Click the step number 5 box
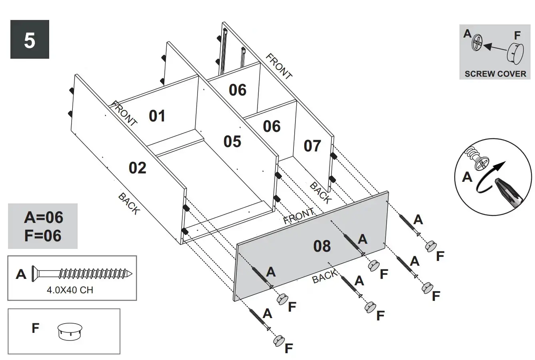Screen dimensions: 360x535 click(x=30, y=40)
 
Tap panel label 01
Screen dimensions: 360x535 click(x=157, y=116)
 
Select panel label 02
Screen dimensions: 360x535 click(x=138, y=168)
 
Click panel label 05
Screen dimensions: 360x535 click(x=232, y=141)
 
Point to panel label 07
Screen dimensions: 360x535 click(x=312, y=146)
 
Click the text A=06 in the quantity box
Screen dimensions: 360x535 click(x=43, y=217)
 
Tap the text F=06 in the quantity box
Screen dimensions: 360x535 click(x=43, y=236)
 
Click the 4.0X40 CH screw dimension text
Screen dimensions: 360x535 click(x=70, y=290)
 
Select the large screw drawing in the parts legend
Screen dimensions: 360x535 click(x=82, y=274)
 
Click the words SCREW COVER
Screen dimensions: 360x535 click(x=495, y=74)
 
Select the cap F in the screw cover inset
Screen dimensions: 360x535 click(x=515, y=53)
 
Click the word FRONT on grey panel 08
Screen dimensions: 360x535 click(x=298, y=217)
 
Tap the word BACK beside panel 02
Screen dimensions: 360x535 click(x=129, y=203)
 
